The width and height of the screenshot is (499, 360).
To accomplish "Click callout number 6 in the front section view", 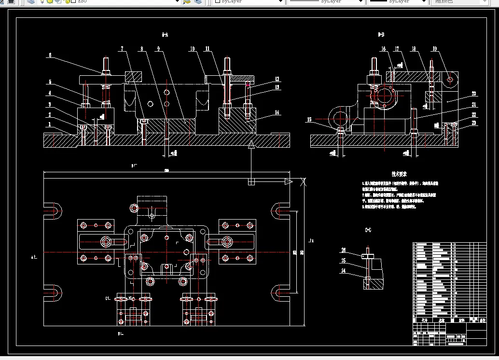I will pyautogui.click(x=49, y=55).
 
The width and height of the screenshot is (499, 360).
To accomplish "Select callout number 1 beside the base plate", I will pyautogui.click(x=49, y=124).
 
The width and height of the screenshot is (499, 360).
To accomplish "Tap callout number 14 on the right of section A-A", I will pyautogui.click(x=277, y=112).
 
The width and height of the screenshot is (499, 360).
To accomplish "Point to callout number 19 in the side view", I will pyautogui.click(x=434, y=49).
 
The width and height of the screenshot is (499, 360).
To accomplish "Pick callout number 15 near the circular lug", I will pyautogui.click(x=309, y=119).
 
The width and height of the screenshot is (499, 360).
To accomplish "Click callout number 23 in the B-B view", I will pyautogui.click(x=474, y=123).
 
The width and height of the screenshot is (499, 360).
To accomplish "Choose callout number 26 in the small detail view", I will pyautogui.click(x=344, y=250).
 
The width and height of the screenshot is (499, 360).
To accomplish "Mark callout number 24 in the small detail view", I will pyautogui.click(x=344, y=271).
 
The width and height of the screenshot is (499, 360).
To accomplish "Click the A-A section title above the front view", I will pyautogui.click(x=165, y=35).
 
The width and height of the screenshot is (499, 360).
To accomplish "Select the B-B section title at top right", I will pyautogui.click(x=381, y=35).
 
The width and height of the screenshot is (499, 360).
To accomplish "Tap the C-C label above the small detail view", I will pyautogui.click(x=368, y=232).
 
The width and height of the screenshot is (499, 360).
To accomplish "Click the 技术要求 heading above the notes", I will pyautogui.click(x=399, y=174).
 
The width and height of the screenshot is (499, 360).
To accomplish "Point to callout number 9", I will pyautogui.click(x=158, y=49).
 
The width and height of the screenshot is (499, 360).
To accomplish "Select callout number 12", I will pyautogui.click(x=277, y=79).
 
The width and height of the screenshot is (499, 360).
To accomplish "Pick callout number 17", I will pyautogui.click(x=397, y=49).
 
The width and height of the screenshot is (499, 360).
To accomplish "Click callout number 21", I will pyautogui.click(x=474, y=105).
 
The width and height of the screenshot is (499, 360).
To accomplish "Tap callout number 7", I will pyautogui.click(x=122, y=49).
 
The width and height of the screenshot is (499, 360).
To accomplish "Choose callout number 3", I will pyautogui.click(x=49, y=104).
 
